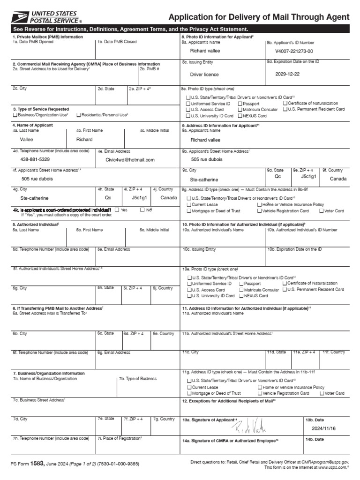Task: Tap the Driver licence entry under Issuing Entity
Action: (x=204, y=74)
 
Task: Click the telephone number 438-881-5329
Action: (x=35, y=159)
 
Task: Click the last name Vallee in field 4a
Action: (x=27, y=139)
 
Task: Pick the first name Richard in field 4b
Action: (x=84, y=139)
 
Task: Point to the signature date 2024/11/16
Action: (x=324, y=428)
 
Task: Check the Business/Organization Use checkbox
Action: (x=15, y=115)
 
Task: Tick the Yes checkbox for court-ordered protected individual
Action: (x=117, y=210)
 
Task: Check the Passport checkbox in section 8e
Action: (x=240, y=103)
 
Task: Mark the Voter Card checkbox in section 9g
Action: (x=321, y=211)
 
